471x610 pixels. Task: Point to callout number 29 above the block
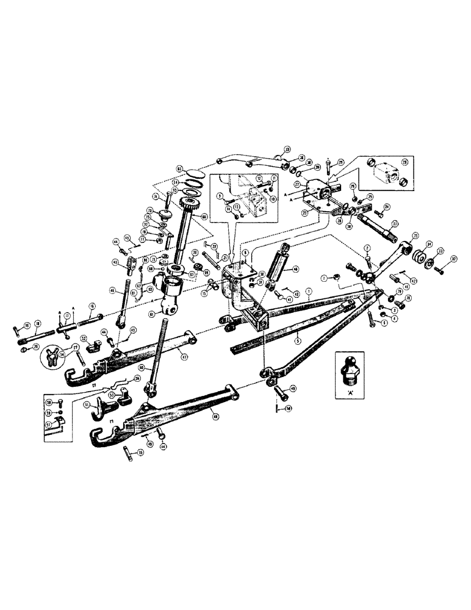pos(340,162)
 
